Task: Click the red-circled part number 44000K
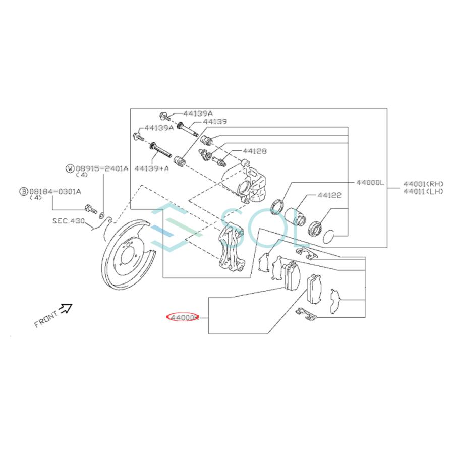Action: point(183,318)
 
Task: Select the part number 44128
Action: point(254,151)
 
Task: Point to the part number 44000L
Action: point(370,182)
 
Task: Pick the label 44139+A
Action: point(151,168)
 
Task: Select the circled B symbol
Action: point(23,191)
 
